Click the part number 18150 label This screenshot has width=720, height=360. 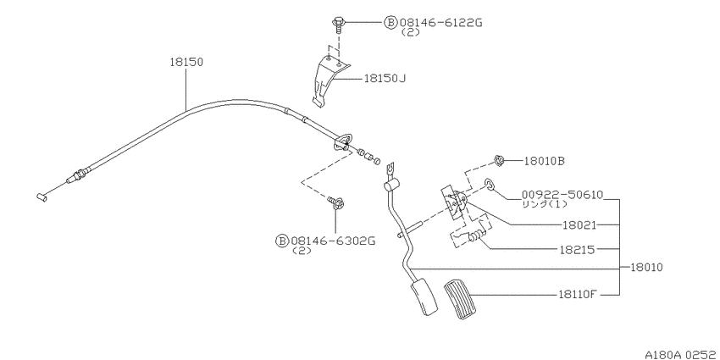186,63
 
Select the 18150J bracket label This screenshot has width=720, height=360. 385,79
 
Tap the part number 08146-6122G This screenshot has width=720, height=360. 440,23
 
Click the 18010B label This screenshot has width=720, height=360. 545,161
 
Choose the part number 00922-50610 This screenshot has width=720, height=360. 562,195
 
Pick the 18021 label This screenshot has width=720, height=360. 579,225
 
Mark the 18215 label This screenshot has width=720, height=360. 578,250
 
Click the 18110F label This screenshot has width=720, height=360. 577,295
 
